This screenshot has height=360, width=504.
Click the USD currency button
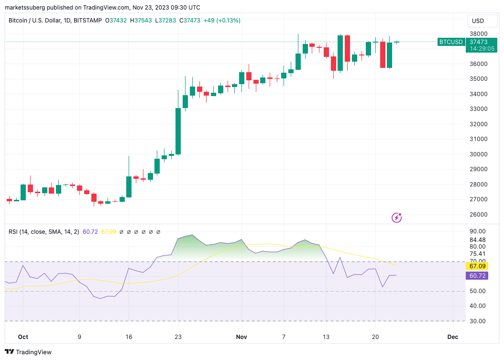click(478, 21)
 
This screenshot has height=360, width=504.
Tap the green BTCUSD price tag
click(451, 42)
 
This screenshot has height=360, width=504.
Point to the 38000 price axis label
click(478, 34)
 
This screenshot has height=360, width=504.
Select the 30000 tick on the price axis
click(478, 154)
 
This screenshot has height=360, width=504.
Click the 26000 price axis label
click(478, 215)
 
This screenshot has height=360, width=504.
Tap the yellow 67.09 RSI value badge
click(477, 266)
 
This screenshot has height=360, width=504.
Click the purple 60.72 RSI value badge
click(477, 276)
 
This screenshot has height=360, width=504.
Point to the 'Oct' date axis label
click(23, 337)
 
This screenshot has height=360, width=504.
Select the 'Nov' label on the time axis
click(241, 337)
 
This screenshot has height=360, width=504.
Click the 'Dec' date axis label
click(452, 337)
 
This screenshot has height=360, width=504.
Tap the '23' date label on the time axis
click(178, 337)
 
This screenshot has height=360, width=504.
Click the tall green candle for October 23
click(178, 131)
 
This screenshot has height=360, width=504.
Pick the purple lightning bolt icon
click(396, 218)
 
